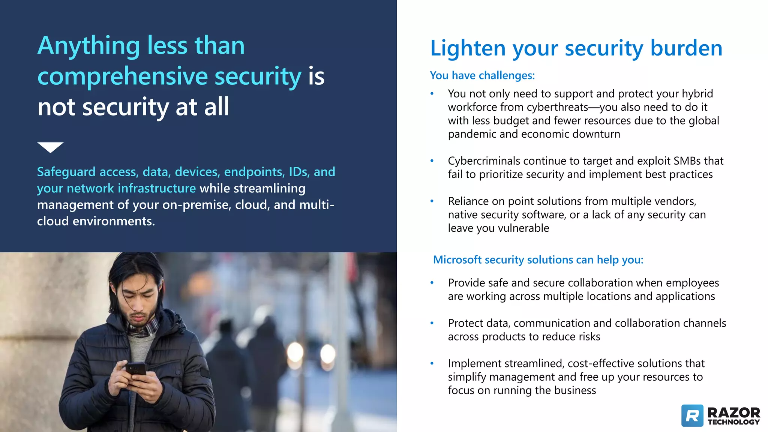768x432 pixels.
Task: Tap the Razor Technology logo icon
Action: [x=692, y=415]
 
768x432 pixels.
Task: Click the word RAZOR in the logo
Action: [x=733, y=412]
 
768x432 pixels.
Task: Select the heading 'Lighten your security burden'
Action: [x=576, y=48]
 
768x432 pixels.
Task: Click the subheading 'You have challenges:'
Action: [x=482, y=75]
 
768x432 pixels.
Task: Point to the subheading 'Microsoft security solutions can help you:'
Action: [x=538, y=259]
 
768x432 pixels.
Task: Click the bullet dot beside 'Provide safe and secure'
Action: [x=432, y=283]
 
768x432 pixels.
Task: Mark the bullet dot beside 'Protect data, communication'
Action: [x=432, y=323]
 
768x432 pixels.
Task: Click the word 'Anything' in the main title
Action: [x=88, y=46]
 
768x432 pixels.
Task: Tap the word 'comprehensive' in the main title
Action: [x=122, y=76]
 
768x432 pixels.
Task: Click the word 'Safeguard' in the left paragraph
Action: [x=66, y=172]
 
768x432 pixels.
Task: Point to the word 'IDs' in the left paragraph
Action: [x=298, y=172]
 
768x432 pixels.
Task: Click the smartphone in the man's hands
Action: [x=136, y=369]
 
